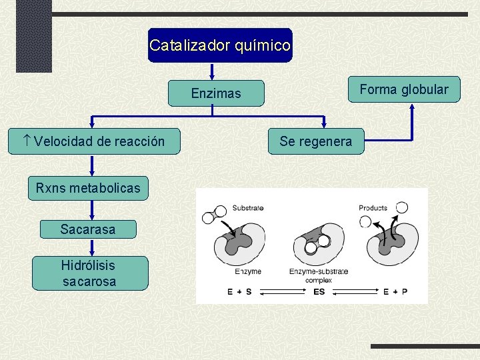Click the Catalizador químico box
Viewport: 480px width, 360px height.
tap(220, 45)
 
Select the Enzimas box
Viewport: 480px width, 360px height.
tap(216, 93)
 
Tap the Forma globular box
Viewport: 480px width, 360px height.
tap(404, 89)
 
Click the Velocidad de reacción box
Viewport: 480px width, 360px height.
tap(94, 141)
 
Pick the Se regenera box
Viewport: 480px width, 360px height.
tap(315, 141)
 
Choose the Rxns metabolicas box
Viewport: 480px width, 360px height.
tap(88, 188)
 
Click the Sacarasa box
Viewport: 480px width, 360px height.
tap(87, 229)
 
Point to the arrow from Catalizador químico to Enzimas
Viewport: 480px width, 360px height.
tap(212, 72)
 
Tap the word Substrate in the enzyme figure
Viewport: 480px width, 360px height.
tap(248, 208)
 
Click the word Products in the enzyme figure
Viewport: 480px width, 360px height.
tap(373, 208)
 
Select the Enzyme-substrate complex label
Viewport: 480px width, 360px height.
tap(318, 275)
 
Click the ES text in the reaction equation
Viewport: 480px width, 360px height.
tap(319, 292)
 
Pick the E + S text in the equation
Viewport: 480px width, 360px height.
tap(239, 292)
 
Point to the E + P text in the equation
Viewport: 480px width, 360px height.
tap(395, 292)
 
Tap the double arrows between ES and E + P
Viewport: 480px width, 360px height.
tap(357, 292)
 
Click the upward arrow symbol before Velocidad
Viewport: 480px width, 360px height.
tap(26, 141)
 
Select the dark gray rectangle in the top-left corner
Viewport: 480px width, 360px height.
tap(33, 35)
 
